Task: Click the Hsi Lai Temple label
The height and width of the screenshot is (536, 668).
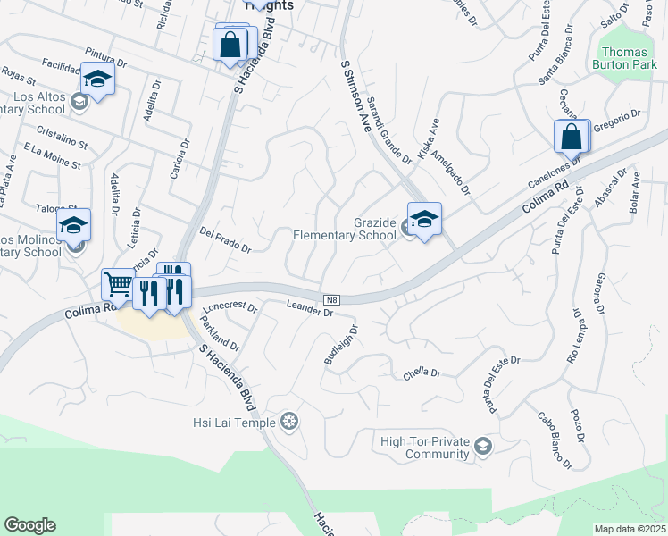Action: pos(234,420)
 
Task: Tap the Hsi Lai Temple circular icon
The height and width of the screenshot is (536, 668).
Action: pos(288,420)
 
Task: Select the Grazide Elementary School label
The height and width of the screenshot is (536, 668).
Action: pos(345,229)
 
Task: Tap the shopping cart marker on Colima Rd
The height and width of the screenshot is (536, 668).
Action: pos(119,286)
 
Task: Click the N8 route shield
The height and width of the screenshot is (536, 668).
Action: pos(330,297)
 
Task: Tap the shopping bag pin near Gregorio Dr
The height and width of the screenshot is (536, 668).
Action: pos(572,138)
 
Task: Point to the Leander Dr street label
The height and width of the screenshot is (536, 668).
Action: pos(309,309)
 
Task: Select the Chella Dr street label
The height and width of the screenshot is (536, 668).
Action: pos(422,373)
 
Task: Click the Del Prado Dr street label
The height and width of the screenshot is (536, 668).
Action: pos(226,239)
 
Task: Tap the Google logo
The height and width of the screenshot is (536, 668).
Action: pos(29,525)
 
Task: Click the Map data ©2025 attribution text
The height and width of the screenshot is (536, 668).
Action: pos(630,529)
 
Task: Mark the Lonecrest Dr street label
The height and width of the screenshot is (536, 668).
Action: pos(230,308)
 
